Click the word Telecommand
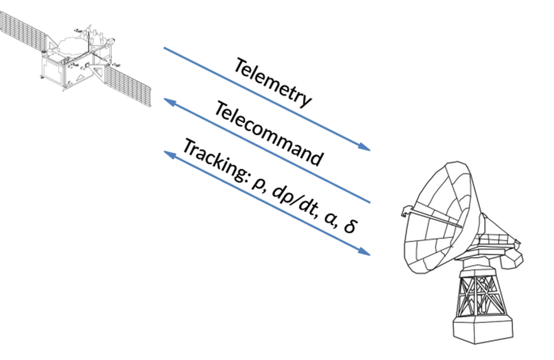coord(269,134)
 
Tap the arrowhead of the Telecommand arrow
coord(169,101)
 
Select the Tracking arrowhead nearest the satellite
coord(169,154)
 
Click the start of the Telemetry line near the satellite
coord(165,48)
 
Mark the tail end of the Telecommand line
coord(369,202)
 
